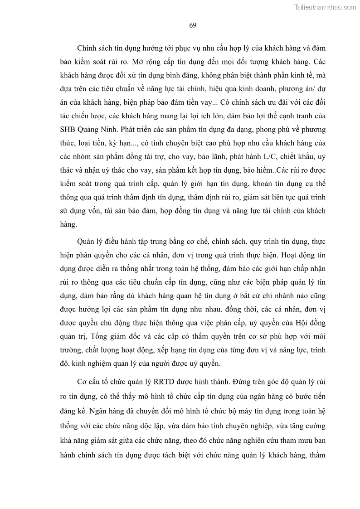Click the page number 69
click(192, 25)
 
